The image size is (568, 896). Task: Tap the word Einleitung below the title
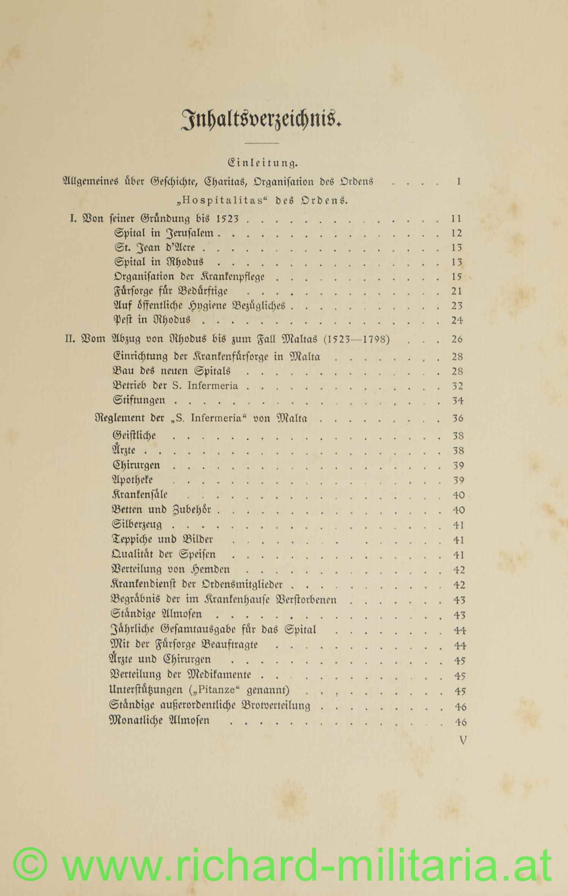click(x=262, y=164)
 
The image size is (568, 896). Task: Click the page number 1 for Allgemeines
click(x=459, y=182)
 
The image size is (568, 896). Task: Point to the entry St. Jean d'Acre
click(x=155, y=248)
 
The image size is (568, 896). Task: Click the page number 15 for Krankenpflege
click(x=456, y=277)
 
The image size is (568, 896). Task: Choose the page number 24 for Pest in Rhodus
click(x=457, y=320)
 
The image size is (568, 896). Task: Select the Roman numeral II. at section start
click(x=71, y=339)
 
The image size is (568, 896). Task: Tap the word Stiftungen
click(x=139, y=400)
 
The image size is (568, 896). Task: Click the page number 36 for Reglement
click(x=458, y=418)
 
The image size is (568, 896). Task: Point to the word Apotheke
click(x=133, y=480)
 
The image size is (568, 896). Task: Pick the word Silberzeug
click(x=137, y=525)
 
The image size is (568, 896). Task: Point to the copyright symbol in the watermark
click(x=30, y=865)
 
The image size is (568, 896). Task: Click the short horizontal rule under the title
click(x=262, y=143)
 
